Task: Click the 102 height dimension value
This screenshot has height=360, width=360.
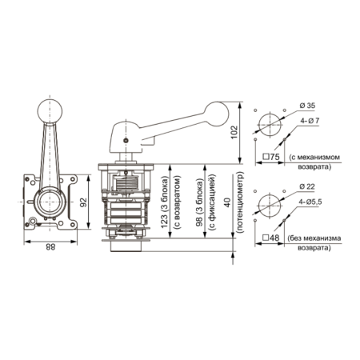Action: pos(234,132)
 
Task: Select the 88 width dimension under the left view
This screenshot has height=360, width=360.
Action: pos(50,247)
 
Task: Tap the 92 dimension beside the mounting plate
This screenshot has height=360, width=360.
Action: pos(84,202)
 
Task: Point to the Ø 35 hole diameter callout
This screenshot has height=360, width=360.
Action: pos(307,106)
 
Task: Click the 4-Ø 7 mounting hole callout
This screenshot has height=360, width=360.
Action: pos(310,121)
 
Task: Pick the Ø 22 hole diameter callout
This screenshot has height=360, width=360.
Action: pos(307,186)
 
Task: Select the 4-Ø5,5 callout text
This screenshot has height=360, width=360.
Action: pos(310,202)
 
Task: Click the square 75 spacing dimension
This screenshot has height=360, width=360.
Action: pos(271,157)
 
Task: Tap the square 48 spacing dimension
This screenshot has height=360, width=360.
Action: pos(271,238)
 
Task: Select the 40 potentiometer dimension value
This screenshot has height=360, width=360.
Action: pos(227,202)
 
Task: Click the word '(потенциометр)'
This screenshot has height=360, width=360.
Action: pos(240,202)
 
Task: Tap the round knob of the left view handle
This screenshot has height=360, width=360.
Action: pos(50,111)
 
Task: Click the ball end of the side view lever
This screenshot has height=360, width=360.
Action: pos(216,114)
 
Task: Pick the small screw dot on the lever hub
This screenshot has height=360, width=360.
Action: pos(126,141)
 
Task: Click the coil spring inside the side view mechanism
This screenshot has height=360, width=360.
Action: pos(127,183)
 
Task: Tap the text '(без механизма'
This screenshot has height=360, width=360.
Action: pos(314,238)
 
